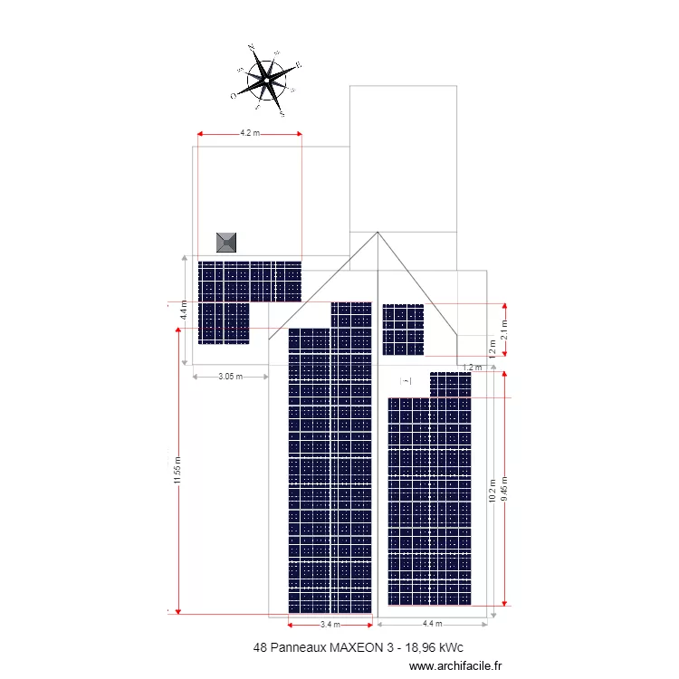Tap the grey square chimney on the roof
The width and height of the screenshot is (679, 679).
point(226,242)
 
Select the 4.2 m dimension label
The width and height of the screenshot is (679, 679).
point(249,133)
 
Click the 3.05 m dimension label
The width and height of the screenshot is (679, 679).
point(232,377)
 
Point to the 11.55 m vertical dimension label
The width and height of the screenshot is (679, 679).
point(178,470)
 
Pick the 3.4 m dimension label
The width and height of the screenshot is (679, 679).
point(330,625)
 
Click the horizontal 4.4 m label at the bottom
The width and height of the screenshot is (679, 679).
point(433,624)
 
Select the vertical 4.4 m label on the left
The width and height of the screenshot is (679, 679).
point(184,311)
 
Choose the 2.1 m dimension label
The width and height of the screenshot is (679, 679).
point(504,331)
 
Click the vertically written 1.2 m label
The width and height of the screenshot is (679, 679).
point(493,349)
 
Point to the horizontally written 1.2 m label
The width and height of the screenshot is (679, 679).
point(471,368)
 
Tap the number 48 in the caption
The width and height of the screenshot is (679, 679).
point(262,648)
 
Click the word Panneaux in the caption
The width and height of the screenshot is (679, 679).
point(298,648)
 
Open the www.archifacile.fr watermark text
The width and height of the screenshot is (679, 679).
point(455,665)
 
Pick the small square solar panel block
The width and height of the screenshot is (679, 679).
point(403,330)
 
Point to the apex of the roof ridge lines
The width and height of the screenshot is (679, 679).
point(378,233)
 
